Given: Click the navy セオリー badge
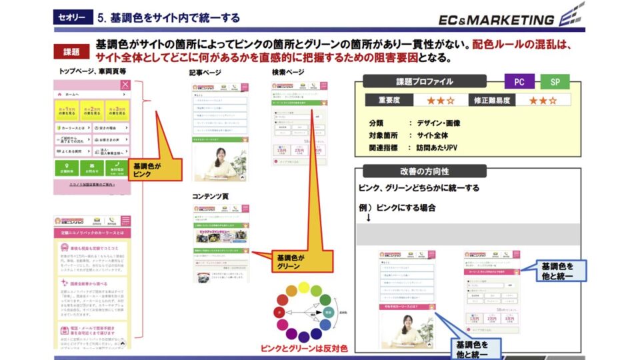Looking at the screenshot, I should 71,18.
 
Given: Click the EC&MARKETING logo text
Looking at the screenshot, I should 497,20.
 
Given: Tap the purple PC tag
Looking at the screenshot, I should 519,82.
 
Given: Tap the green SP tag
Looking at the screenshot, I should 555,82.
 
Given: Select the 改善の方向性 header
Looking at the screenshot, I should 424,171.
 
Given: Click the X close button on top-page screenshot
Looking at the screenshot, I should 125,85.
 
